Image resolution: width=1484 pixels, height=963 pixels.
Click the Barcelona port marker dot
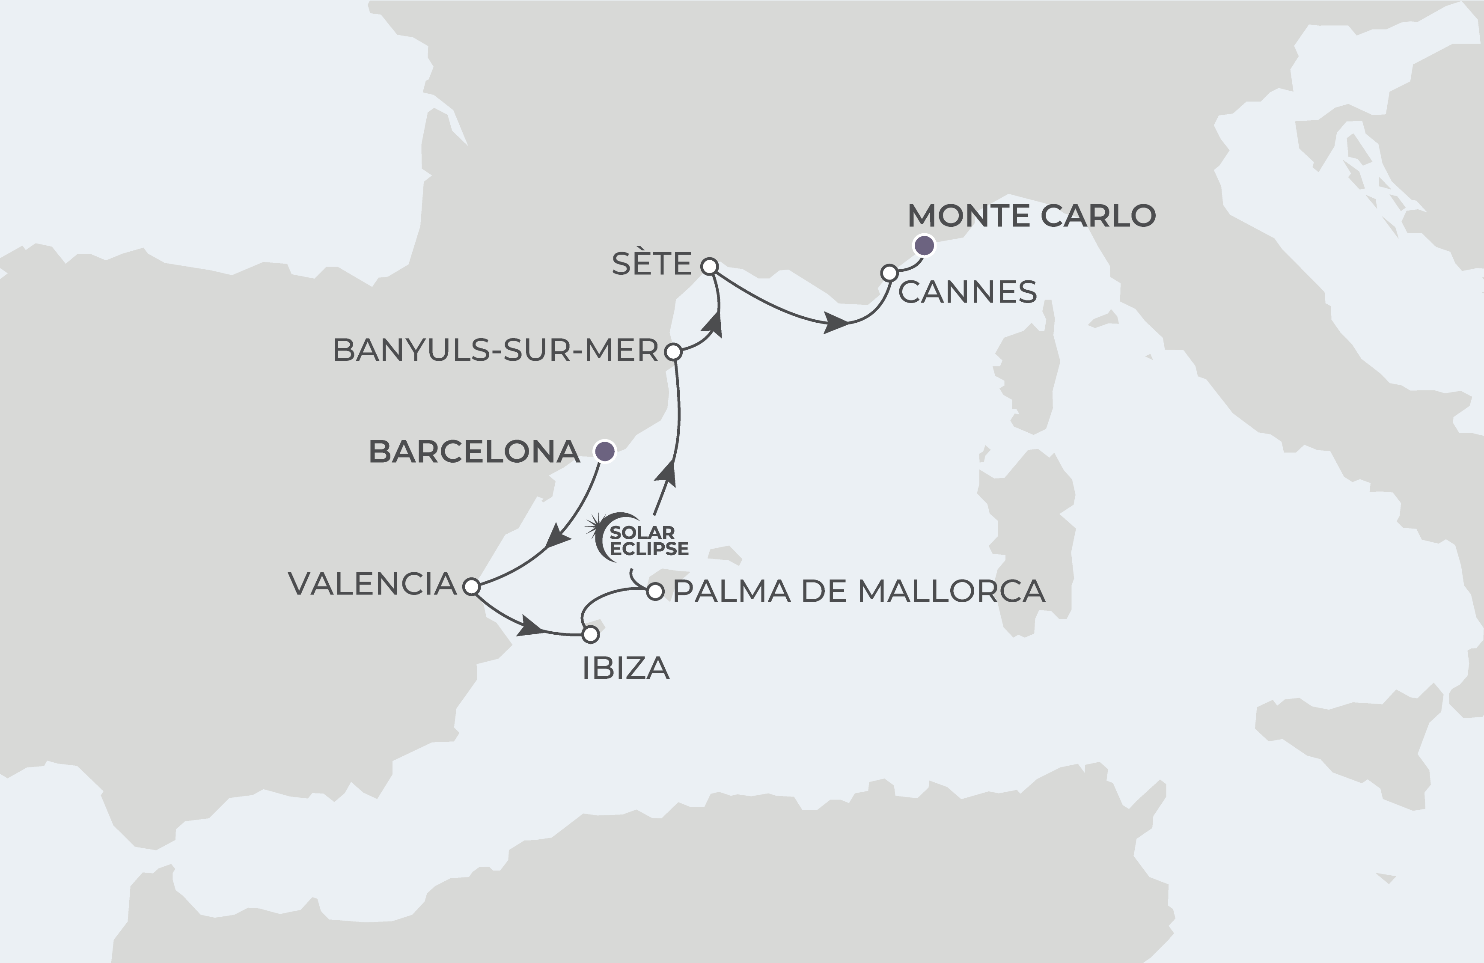[x=604, y=451]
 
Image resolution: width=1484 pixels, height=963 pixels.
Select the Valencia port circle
[x=471, y=586]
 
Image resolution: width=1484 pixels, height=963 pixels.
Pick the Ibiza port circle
[x=590, y=635]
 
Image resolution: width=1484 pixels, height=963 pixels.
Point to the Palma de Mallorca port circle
[x=655, y=591]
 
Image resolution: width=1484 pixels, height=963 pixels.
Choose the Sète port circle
[x=709, y=267]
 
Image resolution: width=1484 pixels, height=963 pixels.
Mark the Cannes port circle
[x=889, y=273]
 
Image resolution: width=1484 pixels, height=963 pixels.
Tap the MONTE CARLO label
[x=1031, y=216]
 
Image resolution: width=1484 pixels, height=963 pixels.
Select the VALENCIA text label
[x=372, y=584]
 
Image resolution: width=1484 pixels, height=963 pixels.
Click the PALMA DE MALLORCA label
[x=859, y=591]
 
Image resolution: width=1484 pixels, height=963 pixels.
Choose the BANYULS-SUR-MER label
[x=496, y=350]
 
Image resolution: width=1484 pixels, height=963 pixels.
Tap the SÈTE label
[x=651, y=264]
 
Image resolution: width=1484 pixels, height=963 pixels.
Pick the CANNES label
[x=967, y=292]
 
